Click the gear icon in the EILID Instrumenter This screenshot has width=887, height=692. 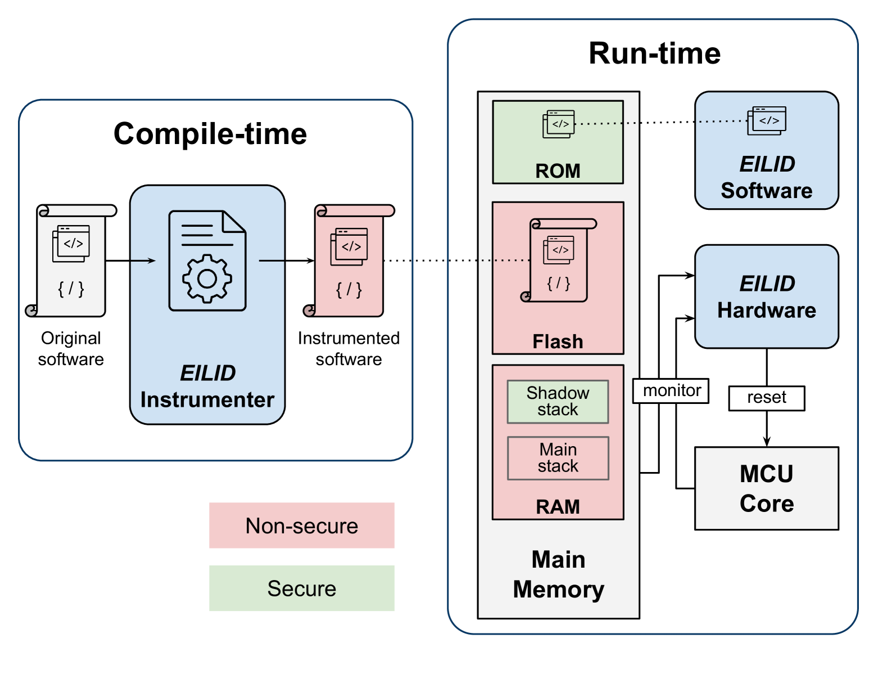pos(207,278)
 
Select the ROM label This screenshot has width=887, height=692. pos(558,170)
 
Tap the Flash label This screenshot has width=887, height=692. pos(558,341)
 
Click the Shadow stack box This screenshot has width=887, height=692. pos(558,401)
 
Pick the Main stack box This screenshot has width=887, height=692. pos(558,458)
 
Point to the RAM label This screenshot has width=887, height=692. pos(558,506)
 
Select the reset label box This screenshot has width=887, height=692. pos(766,398)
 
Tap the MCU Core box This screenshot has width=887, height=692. pos(766,488)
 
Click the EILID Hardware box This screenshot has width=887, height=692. pos(766,296)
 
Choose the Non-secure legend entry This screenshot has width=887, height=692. pos(302,525)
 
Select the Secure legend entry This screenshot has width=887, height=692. pos(302,588)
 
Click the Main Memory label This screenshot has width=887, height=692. pos(558,574)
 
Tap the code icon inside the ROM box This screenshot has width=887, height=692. pos(559,124)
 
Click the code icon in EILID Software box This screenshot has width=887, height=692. pos(767,120)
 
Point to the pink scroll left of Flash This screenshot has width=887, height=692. pos(349,261)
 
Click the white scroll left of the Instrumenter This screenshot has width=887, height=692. pos(71,261)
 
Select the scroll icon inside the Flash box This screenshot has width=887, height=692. pos(559,260)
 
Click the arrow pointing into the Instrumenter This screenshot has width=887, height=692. pos(143,260)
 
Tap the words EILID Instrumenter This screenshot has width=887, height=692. pos(207,386)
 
